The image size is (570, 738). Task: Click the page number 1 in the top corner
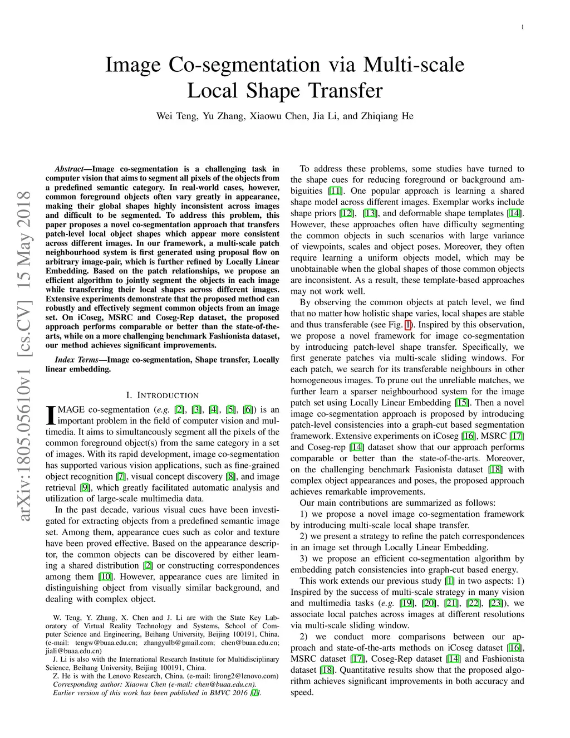pyautogui.click(x=523, y=27)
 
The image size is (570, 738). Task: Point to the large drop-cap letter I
pyautogui.click(x=50, y=414)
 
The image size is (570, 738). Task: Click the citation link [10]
pyautogui.click(x=105, y=577)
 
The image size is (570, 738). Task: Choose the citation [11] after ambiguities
pyautogui.click(x=335, y=191)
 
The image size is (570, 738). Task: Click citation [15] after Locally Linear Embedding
pyautogui.click(x=461, y=403)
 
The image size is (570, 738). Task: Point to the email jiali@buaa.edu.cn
pyautogui.click(x=73, y=651)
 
